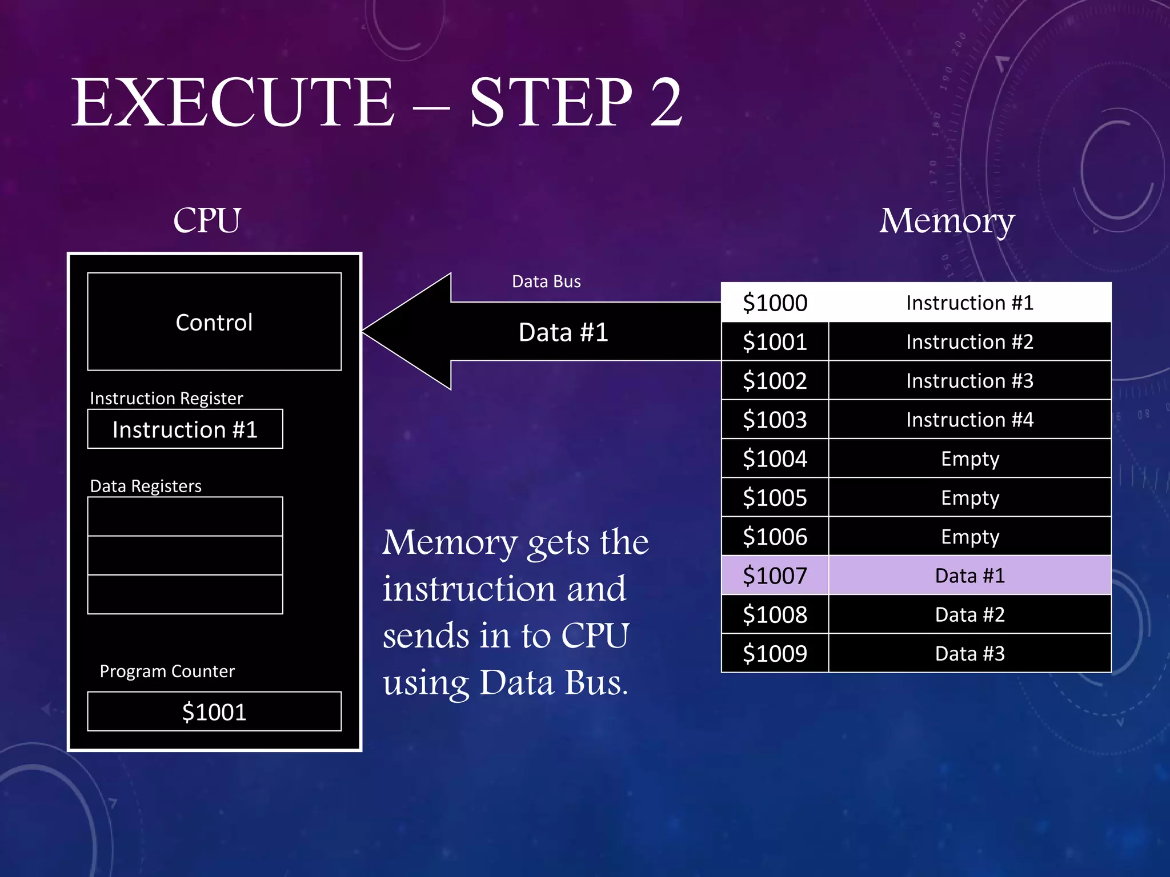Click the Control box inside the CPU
point(214,322)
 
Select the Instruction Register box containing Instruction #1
point(185,429)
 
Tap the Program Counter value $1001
point(214,712)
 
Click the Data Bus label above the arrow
point(546,281)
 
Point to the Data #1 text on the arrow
point(563,332)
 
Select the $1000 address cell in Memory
point(775,303)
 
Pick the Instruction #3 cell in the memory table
point(969,381)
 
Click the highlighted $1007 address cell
point(775,576)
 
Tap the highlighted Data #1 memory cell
point(969,576)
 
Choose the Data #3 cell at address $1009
point(969,654)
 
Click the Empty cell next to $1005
point(969,498)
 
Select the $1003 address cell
point(775,420)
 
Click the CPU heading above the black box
point(207,220)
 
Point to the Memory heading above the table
point(947,220)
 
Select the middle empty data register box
point(185,556)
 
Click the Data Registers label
point(146,486)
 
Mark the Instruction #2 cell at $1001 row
point(969,342)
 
